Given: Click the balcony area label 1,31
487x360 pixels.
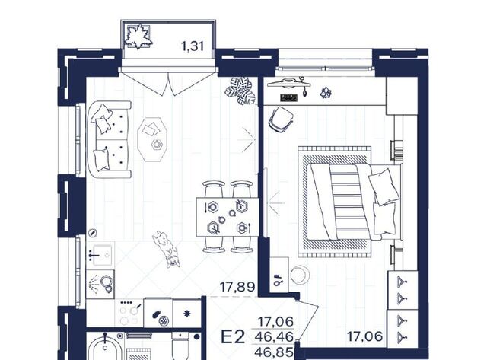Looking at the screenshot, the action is click(193, 46).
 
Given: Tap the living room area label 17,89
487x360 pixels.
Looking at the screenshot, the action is click(237, 287).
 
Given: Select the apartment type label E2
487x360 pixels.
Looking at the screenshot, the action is click(233, 336).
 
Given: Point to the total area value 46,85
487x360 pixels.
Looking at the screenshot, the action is click(274, 352).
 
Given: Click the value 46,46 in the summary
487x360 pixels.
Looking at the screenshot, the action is click(274, 336).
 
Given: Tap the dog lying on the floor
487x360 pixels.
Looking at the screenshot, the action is click(167, 249).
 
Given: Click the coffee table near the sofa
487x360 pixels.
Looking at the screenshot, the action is click(152, 139).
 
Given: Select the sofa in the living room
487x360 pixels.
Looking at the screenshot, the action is click(109, 139).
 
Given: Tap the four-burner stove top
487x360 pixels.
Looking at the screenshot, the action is click(130, 313).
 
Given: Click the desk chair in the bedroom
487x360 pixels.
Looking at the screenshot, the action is click(281, 119).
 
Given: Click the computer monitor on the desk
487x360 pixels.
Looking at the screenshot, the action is click(289, 82).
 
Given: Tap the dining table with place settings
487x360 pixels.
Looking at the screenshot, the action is click(228, 217).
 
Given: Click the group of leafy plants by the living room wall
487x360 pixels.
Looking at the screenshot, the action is click(240, 91).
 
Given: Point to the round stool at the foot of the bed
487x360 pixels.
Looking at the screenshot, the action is click(299, 275).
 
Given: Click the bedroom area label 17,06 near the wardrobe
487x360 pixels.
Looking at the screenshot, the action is click(364, 336).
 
